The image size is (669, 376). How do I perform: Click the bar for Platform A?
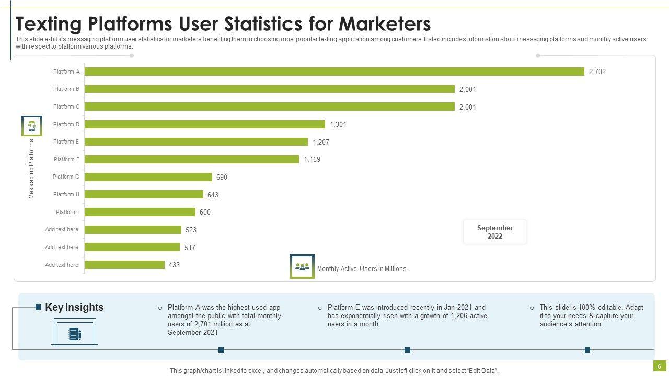334,72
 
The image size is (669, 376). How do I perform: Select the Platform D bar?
205,124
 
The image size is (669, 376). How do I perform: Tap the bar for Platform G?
148,177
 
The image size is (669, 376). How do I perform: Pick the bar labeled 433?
124,265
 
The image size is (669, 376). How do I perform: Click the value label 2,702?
597,72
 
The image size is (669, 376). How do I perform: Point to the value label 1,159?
312,159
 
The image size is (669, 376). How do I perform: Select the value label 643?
213,195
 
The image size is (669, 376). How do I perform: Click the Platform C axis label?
66,107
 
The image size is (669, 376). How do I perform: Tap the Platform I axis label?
68,212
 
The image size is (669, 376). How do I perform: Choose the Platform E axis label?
66,142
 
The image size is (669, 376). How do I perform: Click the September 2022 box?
494,232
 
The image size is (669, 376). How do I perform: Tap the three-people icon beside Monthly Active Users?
302,267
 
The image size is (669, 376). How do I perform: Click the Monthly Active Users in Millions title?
361,269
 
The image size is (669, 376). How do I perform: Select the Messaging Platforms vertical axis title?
31,169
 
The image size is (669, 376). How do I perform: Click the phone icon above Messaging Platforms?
31,126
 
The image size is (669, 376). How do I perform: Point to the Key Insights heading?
74,307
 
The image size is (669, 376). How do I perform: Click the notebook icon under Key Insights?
74,334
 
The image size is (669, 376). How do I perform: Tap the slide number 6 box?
659,366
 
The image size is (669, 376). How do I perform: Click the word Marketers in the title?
385,24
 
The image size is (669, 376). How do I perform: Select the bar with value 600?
140,212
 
